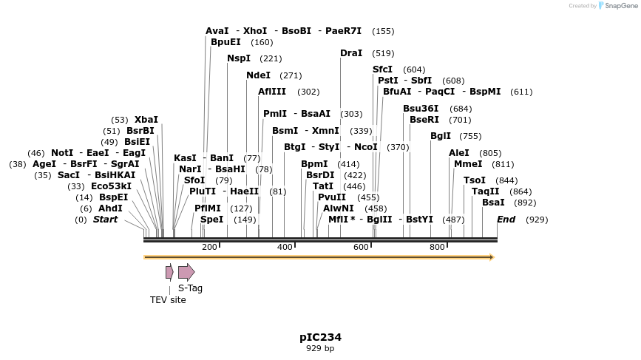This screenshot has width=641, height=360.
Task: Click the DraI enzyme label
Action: click(351, 53)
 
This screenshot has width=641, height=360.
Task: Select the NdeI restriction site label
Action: click(258, 75)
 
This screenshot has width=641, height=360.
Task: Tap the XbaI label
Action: click(146, 120)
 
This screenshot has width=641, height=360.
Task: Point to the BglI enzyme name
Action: click(441, 136)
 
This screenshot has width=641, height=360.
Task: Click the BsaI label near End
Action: click(493, 203)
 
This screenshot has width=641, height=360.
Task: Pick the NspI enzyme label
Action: click(239, 58)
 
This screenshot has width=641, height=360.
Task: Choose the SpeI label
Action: click(211, 220)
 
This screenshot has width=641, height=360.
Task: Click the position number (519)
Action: click(383, 53)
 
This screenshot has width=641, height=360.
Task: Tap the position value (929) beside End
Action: click(537, 220)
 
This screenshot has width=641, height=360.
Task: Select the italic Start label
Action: click(105, 220)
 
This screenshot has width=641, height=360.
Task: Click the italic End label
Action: click(506, 220)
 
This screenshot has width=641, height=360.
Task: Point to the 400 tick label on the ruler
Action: click(285, 247)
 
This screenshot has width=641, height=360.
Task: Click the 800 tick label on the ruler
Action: click(437, 247)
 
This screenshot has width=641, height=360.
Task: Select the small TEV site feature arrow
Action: click(169, 272)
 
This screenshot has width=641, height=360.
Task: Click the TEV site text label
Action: click(168, 300)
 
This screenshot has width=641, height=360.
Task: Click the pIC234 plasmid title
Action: click(320, 337)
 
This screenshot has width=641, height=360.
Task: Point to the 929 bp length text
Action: click(320, 348)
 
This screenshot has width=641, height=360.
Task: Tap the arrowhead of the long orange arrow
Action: click(491, 257)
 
